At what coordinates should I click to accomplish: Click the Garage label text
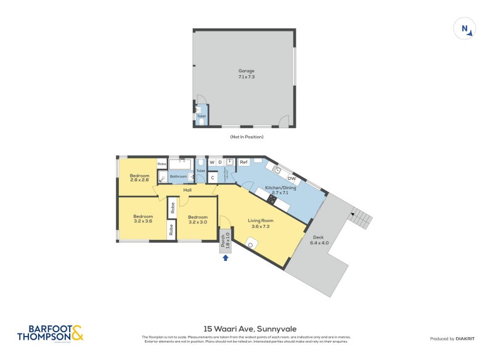pyautogui.click(x=246, y=74)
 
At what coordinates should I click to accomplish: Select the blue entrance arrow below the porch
pyautogui.click(x=226, y=258)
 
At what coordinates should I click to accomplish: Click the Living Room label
pyautogui.click(x=261, y=223)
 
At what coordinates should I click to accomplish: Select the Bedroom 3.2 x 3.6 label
pyautogui.click(x=143, y=219)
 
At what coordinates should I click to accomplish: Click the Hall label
pyautogui.click(x=187, y=190)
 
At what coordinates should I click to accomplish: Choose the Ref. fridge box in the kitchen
pyautogui.click(x=243, y=163)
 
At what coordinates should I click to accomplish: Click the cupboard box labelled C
pyautogui.click(x=213, y=178)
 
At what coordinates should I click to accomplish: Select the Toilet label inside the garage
pyautogui.click(x=201, y=116)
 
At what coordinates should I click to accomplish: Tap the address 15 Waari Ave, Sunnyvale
pyautogui.click(x=246, y=329)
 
